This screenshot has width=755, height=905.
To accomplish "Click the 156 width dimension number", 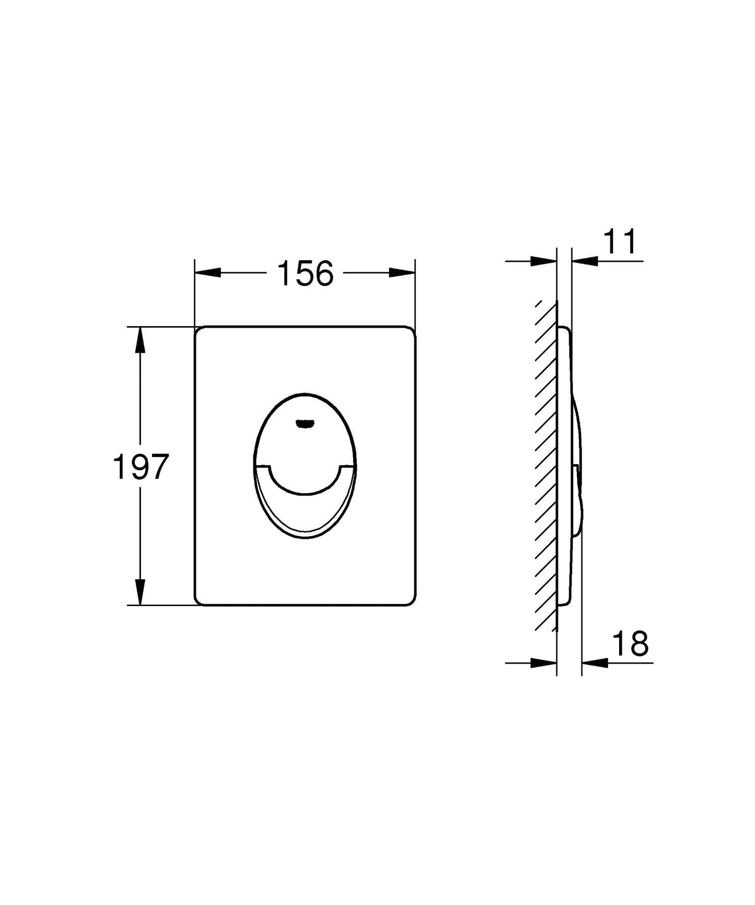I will (305, 273).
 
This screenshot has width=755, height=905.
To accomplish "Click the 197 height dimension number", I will (141, 467).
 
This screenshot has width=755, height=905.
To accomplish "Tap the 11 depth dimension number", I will (621, 242).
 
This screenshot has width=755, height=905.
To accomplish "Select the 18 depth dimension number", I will (630, 644).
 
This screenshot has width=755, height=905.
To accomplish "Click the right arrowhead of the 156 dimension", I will (402, 273).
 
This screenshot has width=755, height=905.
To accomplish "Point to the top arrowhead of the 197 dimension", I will (140, 341).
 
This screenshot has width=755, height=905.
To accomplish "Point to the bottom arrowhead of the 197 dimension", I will (140, 591).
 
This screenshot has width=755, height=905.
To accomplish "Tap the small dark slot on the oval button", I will (303, 424).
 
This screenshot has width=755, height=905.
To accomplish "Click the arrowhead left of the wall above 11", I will (543, 260).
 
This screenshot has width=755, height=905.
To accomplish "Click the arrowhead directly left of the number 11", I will (585, 260).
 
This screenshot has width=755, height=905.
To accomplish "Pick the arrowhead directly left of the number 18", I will (595, 663).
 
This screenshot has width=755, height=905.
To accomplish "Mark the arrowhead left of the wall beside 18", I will (543, 663).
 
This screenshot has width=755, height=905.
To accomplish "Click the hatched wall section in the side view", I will (547, 465).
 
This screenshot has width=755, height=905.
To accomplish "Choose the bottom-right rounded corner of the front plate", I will (411, 601).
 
